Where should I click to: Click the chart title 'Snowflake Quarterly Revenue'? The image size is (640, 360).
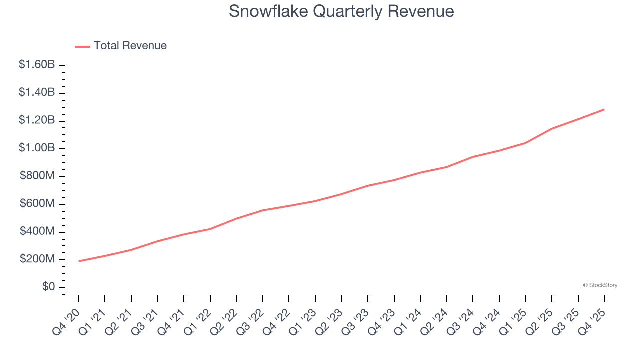[x=341, y=11]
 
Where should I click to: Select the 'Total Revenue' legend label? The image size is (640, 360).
[x=130, y=46]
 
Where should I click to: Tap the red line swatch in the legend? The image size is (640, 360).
[x=82, y=46]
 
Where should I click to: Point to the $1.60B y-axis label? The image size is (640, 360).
[x=37, y=64]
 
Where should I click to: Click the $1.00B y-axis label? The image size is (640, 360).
[x=37, y=148]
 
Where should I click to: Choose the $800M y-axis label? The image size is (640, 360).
[x=37, y=176]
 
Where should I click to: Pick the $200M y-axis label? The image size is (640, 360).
[x=37, y=259]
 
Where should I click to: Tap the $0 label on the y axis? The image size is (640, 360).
[x=48, y=287]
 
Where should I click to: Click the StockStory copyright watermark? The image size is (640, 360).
[x=600, y=285]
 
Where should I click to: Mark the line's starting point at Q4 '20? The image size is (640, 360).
[x=79, y=261]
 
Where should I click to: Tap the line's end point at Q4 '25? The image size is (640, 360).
[x=604, y=109]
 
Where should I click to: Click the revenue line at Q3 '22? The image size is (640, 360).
[x=263, y=210]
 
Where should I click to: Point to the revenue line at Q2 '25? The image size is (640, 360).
[x=551, y=129]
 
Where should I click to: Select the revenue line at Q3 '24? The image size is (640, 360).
[x=473, y=157]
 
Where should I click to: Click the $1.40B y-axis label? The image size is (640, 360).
[x=37, y=92]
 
